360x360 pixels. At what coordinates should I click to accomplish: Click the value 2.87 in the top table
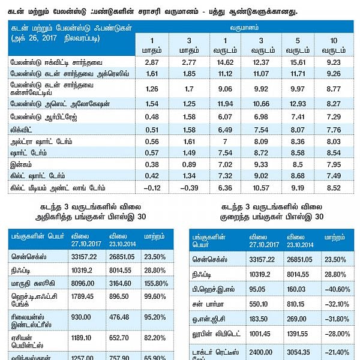[151, 62]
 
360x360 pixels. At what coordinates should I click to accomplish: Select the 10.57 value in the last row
[247, 188]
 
